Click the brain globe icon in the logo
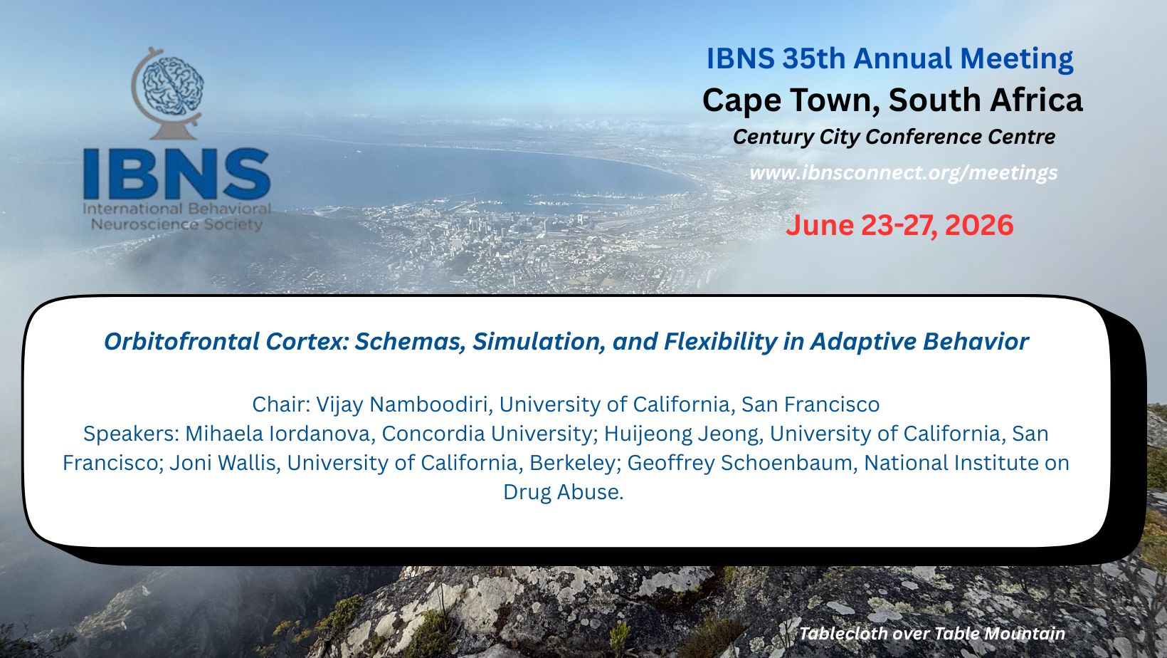click(x=167, y=93)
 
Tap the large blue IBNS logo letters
click(x=176, y=174)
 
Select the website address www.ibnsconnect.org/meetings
click(x=904, y=172)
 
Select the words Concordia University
click(x=489, y=434)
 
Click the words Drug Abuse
click(x=563, y=492)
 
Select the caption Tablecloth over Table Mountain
click(x=932, y=634)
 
